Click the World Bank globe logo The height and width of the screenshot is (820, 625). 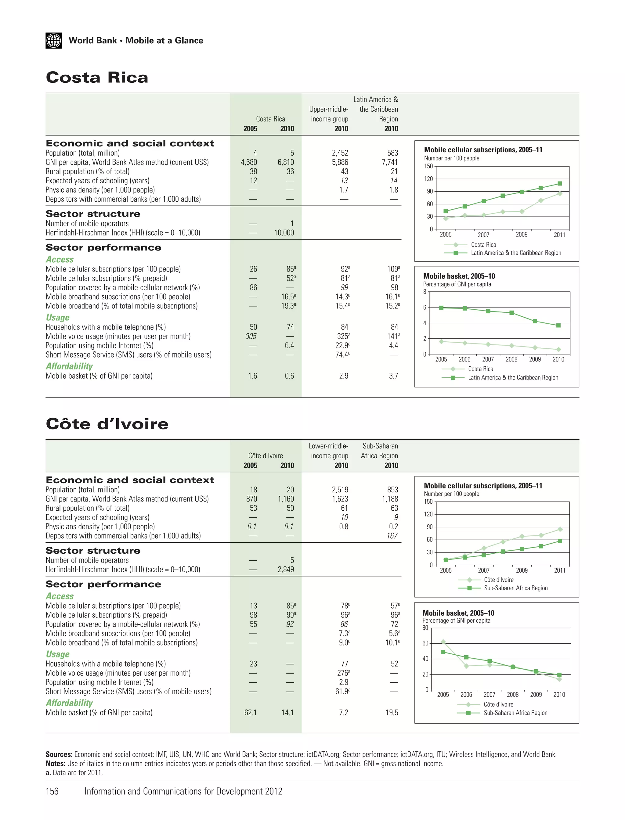pos(54,41)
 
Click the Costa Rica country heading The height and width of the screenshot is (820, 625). pos(97,78)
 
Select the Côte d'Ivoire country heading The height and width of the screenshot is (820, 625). pos(107,424)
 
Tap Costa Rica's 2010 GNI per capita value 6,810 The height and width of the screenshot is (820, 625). pos(285,162)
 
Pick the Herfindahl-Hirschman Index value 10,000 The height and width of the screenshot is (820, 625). pos(284,233)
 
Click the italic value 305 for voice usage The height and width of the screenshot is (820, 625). pos(251,336)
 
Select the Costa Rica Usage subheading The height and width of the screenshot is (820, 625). pos(58,317)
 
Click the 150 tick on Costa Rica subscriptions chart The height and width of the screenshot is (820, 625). pos(428,166)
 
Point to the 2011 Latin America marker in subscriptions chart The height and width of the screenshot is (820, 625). pos(559,184)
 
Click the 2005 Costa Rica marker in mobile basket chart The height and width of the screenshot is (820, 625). pos(441,341)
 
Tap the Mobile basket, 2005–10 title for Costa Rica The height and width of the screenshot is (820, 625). pos(459,276)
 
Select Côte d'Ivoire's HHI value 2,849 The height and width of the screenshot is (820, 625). pos(285,569)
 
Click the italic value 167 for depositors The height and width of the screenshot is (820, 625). pos(392,536)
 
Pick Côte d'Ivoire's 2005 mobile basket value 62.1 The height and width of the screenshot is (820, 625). pos(250,713)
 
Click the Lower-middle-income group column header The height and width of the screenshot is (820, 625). pos(328,451)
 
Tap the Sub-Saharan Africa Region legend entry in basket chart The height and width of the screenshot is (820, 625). pos(515,713)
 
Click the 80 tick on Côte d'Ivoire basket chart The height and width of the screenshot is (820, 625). pos(425,628)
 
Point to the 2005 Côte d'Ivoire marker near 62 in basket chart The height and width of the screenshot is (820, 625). pos(443,642)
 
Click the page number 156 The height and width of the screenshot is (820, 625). pos(52,791)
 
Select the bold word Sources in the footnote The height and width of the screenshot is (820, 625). pos(59,754)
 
